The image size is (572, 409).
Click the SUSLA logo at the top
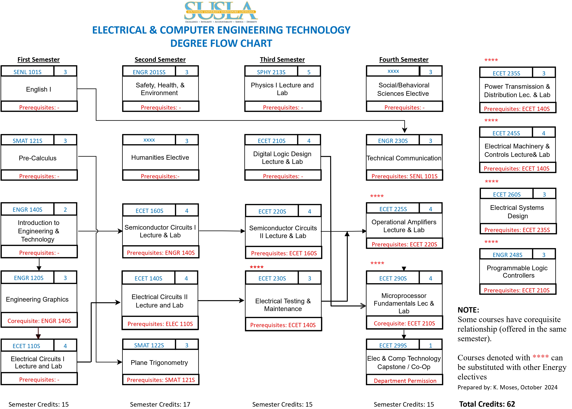coord(221,12)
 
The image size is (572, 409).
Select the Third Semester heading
coord(282,60)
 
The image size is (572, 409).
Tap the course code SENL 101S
coord(28,72)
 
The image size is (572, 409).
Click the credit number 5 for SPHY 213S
coord(309,72)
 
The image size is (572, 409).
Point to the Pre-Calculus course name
coord(38,158)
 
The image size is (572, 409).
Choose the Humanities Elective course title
coord(160,157)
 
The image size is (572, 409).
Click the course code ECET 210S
coord(272,141)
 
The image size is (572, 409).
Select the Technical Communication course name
coord(404,158)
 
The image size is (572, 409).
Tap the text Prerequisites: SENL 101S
coord(404,176)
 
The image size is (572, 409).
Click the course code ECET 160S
coord(150,211)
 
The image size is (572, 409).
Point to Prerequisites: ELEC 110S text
coord(160,324)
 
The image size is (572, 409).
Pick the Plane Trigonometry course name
coord(159,363)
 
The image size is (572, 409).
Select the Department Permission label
coord(405,381)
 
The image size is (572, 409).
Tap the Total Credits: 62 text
coord(487,404)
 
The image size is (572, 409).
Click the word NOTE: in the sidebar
coord(468,310)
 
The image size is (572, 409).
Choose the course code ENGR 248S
coord(507,255)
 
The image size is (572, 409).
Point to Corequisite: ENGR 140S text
coord(39,321)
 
